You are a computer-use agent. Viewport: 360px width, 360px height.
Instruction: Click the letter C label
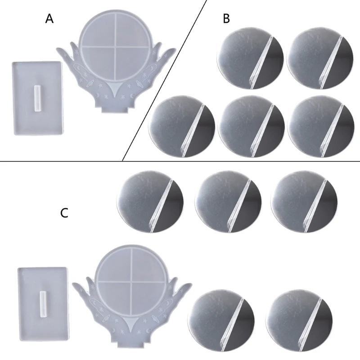click(64, 212)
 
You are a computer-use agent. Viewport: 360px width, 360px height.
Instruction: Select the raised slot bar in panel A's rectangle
click(36, 98)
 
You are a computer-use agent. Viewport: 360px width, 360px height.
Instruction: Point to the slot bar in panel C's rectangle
click(43, 304)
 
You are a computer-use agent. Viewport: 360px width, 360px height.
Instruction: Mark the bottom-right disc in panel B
click(319, 126)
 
